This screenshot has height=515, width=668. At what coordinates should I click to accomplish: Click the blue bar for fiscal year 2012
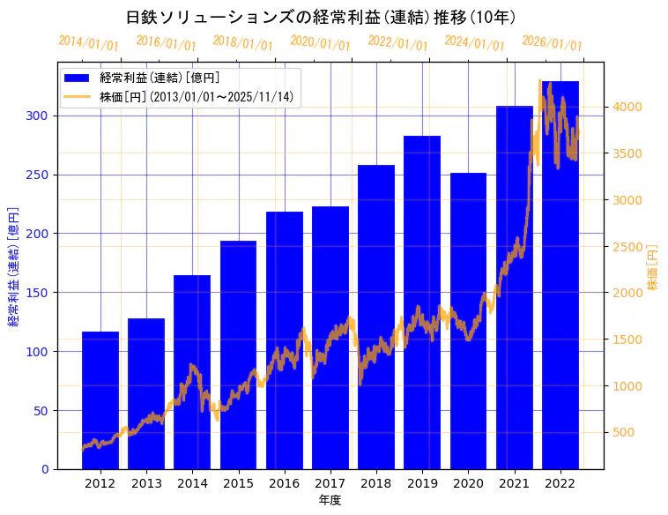tap(100, 400)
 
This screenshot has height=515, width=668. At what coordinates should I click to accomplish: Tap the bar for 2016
tap(285, 340)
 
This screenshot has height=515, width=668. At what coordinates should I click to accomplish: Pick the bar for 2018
tap(376, 317)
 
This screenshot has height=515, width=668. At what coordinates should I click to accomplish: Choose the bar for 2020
tap(468, 321)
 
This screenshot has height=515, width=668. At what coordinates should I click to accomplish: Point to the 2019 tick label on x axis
tap(422, 483)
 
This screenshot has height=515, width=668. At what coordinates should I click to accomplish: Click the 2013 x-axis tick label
tap(146, 483)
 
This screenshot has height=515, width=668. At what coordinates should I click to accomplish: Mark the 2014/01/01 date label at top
tap(88, 43)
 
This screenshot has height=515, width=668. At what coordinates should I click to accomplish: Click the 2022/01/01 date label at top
tap(397, 43)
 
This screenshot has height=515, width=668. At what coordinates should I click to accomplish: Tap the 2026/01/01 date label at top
tap(552, 43)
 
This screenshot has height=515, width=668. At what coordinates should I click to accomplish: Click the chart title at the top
tap(321, 17)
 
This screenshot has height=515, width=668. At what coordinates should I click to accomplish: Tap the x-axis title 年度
tap(330, 500)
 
